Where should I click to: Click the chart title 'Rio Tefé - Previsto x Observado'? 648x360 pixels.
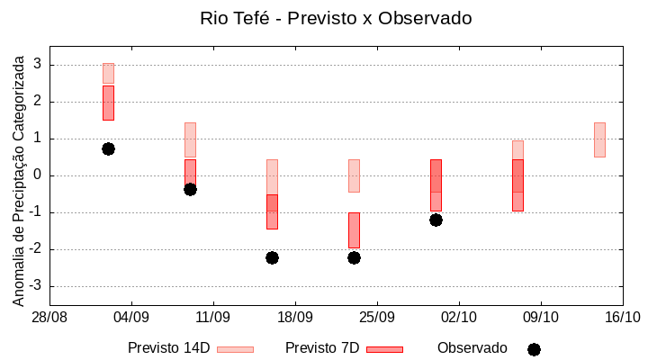point(336,18)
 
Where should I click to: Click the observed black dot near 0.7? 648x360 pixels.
point(108,148)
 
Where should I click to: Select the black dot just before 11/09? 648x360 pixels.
point(190,189)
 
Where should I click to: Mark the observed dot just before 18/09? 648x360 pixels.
point(272,257)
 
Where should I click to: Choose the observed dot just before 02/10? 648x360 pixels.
point(436,220)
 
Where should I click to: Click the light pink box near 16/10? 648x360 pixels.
point(599,139)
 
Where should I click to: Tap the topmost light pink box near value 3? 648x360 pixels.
point(108,73)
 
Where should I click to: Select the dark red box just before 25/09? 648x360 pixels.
point(354,230)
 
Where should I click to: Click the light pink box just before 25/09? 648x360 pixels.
point(354,175)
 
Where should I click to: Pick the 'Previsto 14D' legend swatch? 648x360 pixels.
point(235,349)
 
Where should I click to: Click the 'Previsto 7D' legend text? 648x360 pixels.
point(322,348)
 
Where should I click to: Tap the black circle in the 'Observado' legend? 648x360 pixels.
point(534,349)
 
